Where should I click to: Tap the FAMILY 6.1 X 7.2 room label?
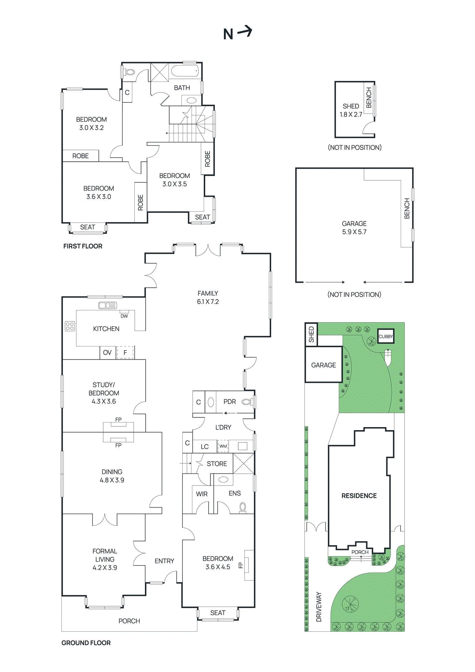click(208, 297)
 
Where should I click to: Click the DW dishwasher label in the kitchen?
click(124, 316)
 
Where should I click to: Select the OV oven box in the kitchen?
click(108, 353)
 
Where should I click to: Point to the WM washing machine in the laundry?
click(223, 446)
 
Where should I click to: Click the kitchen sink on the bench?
click(108, 306)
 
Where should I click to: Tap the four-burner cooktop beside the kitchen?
click(70, 326)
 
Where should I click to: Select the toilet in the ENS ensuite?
click(243, 507)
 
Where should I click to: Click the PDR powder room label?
click(229, 402)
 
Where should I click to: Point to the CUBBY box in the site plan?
click(386, 336)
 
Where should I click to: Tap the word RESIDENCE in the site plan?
click(359, 496)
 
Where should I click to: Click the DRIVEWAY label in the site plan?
click(319, 607)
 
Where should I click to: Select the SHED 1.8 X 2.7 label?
click(351, 110)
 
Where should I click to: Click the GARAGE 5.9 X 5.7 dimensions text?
click(354, 232)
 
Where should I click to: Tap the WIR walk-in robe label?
click(202, 494)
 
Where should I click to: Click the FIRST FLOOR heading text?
click(83, 246)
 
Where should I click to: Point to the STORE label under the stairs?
click(217, 464)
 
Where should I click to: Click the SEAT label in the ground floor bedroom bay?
click(218, 613)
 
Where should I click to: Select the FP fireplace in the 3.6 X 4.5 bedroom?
click(248, 565)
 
